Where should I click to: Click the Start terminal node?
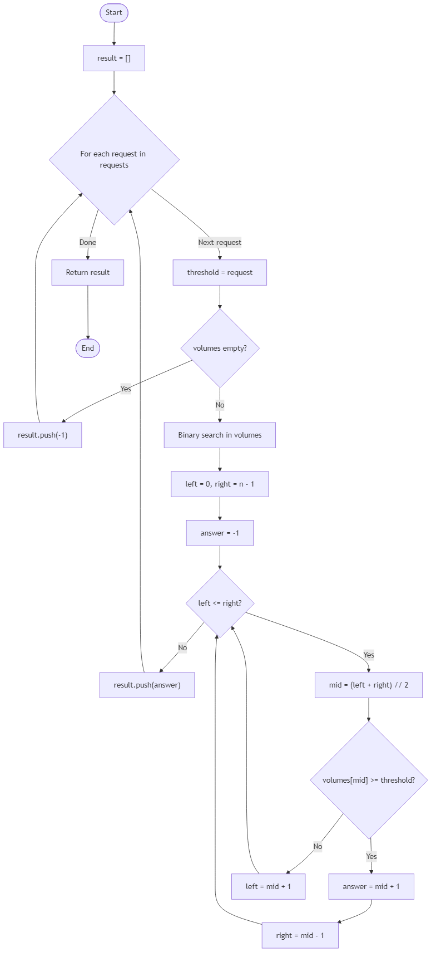click(114, 13)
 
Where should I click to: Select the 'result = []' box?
click(114, 58)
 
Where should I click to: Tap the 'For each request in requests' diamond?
click(114, 160)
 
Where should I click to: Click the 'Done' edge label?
click(88, 242)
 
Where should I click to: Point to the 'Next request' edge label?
click(220, 242)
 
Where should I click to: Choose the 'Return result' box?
click(88, 273)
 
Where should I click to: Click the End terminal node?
click(88, 349)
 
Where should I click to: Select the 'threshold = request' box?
click(220, 273)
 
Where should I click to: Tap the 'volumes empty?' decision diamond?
click(220, 349)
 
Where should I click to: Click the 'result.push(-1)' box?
click(43, 435)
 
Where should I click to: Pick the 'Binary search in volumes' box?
click(220, 435)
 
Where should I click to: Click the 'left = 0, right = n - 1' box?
click(220, 484)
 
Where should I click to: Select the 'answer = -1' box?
click(220, 533)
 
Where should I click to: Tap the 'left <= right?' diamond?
click(220, 603)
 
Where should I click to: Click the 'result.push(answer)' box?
click(147, 685)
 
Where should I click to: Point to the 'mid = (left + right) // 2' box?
click(369, 685)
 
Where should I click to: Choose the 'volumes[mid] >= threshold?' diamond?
click(369, 780)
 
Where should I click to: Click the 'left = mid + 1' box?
click(269, 886)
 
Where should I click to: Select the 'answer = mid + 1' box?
click(371, 886)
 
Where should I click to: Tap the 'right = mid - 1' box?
click(300, 935)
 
